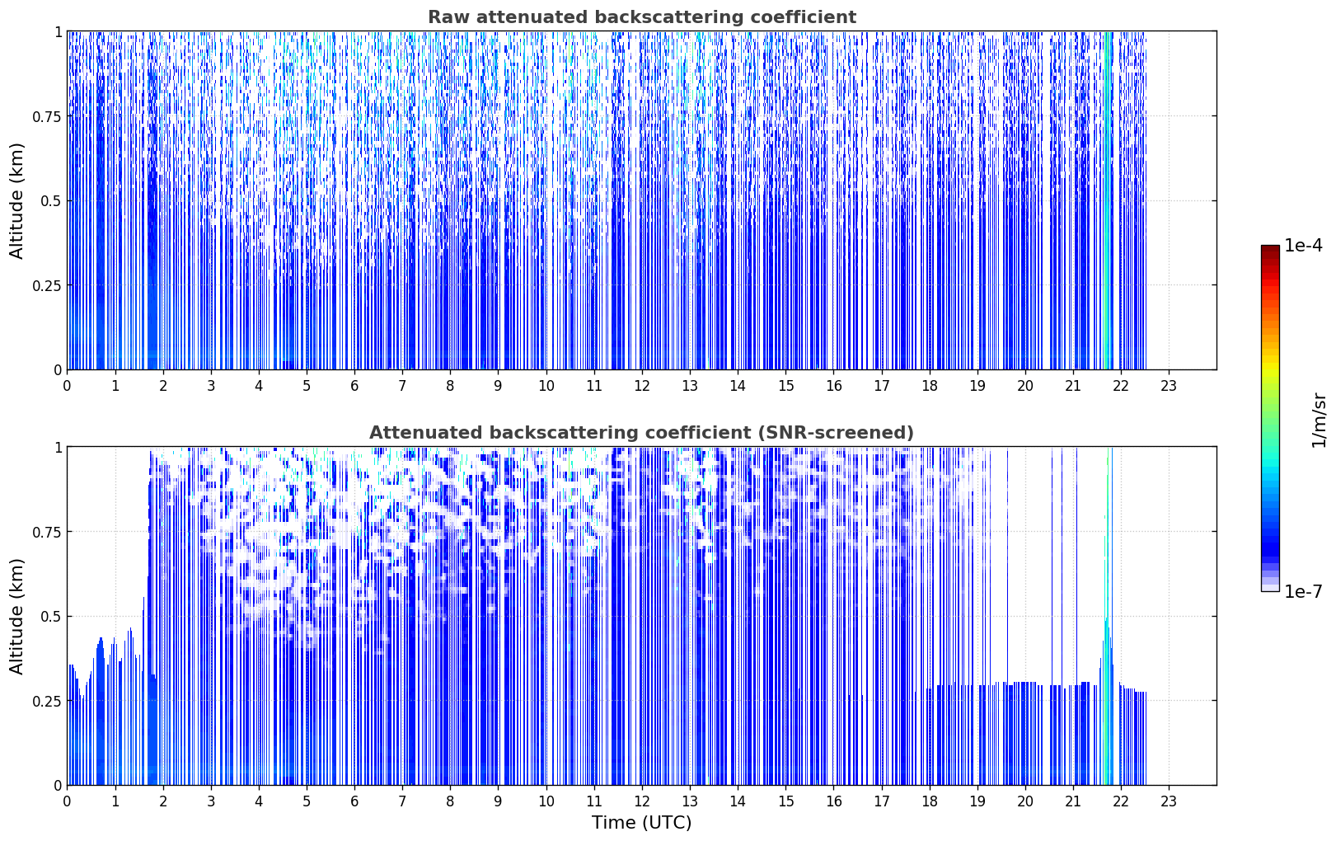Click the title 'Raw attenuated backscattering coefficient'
point(642,16)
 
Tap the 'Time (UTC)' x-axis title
point(642,823)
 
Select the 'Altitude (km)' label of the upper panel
point(16,201)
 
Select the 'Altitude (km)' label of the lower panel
point(16,616)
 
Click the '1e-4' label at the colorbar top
point(1303,245)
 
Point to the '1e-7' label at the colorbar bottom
point(1303,592)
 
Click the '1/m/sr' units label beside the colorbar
point(1319,420)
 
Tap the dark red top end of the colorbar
point(1270,247)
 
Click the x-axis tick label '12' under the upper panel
point(642,386)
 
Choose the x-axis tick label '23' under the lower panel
point(1169,801)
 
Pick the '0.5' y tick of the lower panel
point(51,616)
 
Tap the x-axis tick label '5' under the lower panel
point(307,801)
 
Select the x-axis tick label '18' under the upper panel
point(929,386)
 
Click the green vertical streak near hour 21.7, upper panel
point(1108,200)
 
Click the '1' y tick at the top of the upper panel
point(59,32)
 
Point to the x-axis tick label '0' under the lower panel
point(67,801)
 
